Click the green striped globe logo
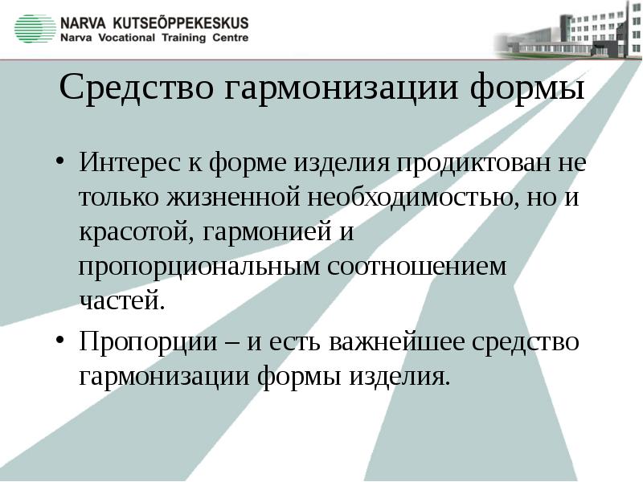35,28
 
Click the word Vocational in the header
129,38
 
